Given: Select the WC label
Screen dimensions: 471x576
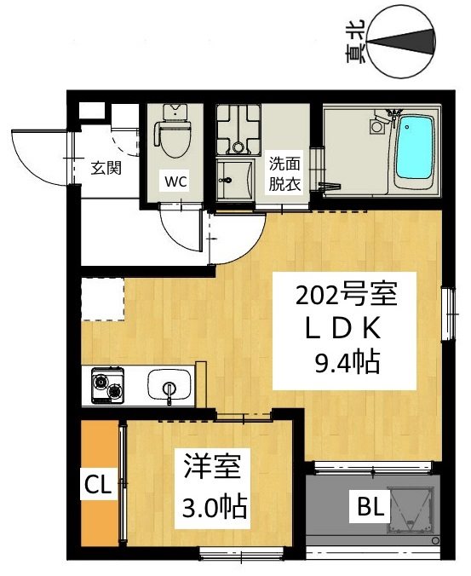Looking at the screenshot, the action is tap(175, 181).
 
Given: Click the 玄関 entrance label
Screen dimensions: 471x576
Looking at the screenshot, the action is tap(106, 168).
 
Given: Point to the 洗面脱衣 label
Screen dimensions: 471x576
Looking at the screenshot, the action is tap(284, 173).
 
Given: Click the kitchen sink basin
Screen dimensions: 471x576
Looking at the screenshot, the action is tap(169, 384).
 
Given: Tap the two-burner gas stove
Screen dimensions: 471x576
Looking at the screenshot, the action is tap(107, 385).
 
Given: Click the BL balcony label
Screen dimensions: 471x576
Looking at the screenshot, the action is tap(370, 507).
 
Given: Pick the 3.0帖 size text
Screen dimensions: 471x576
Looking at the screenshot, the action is tap(214, 509).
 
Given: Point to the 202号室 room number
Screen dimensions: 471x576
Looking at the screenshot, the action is tap(346, 295).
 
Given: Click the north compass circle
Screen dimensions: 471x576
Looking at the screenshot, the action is tap(401, 43).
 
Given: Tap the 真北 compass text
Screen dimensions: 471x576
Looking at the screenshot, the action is tap(355, 41).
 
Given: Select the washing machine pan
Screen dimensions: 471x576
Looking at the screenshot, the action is tap(238, 130).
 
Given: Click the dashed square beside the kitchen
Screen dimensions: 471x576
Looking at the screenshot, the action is tap(103, 299).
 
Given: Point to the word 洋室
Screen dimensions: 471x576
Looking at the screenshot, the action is tap(212, 467).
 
